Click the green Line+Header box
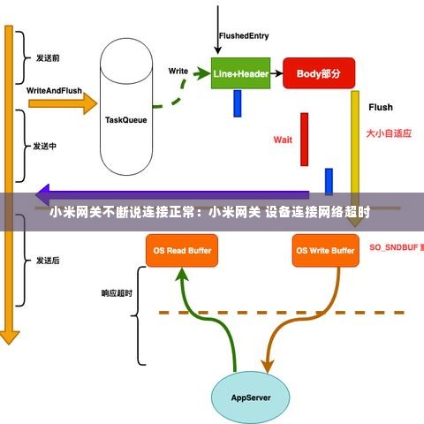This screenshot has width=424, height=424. (x=239, y=74)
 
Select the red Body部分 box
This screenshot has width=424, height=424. (x=312, y=74)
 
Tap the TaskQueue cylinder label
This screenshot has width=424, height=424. (x=126, y=119)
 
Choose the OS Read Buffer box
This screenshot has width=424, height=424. (x=182, y=251)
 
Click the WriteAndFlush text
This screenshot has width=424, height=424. (x=55, y=91)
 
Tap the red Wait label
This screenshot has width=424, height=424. (x=283, y=140)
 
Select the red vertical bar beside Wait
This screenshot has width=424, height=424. (x=304, y=139)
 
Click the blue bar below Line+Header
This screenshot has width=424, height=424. (x=238, y=103)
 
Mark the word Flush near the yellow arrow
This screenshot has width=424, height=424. (x=380, y=108)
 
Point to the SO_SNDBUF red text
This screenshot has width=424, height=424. (x=394, y=246)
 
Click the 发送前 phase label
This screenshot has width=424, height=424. (x=47, y=58)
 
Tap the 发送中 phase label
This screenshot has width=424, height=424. (x=45, y=147)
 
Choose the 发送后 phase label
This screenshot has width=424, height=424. (x=47, y=261)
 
